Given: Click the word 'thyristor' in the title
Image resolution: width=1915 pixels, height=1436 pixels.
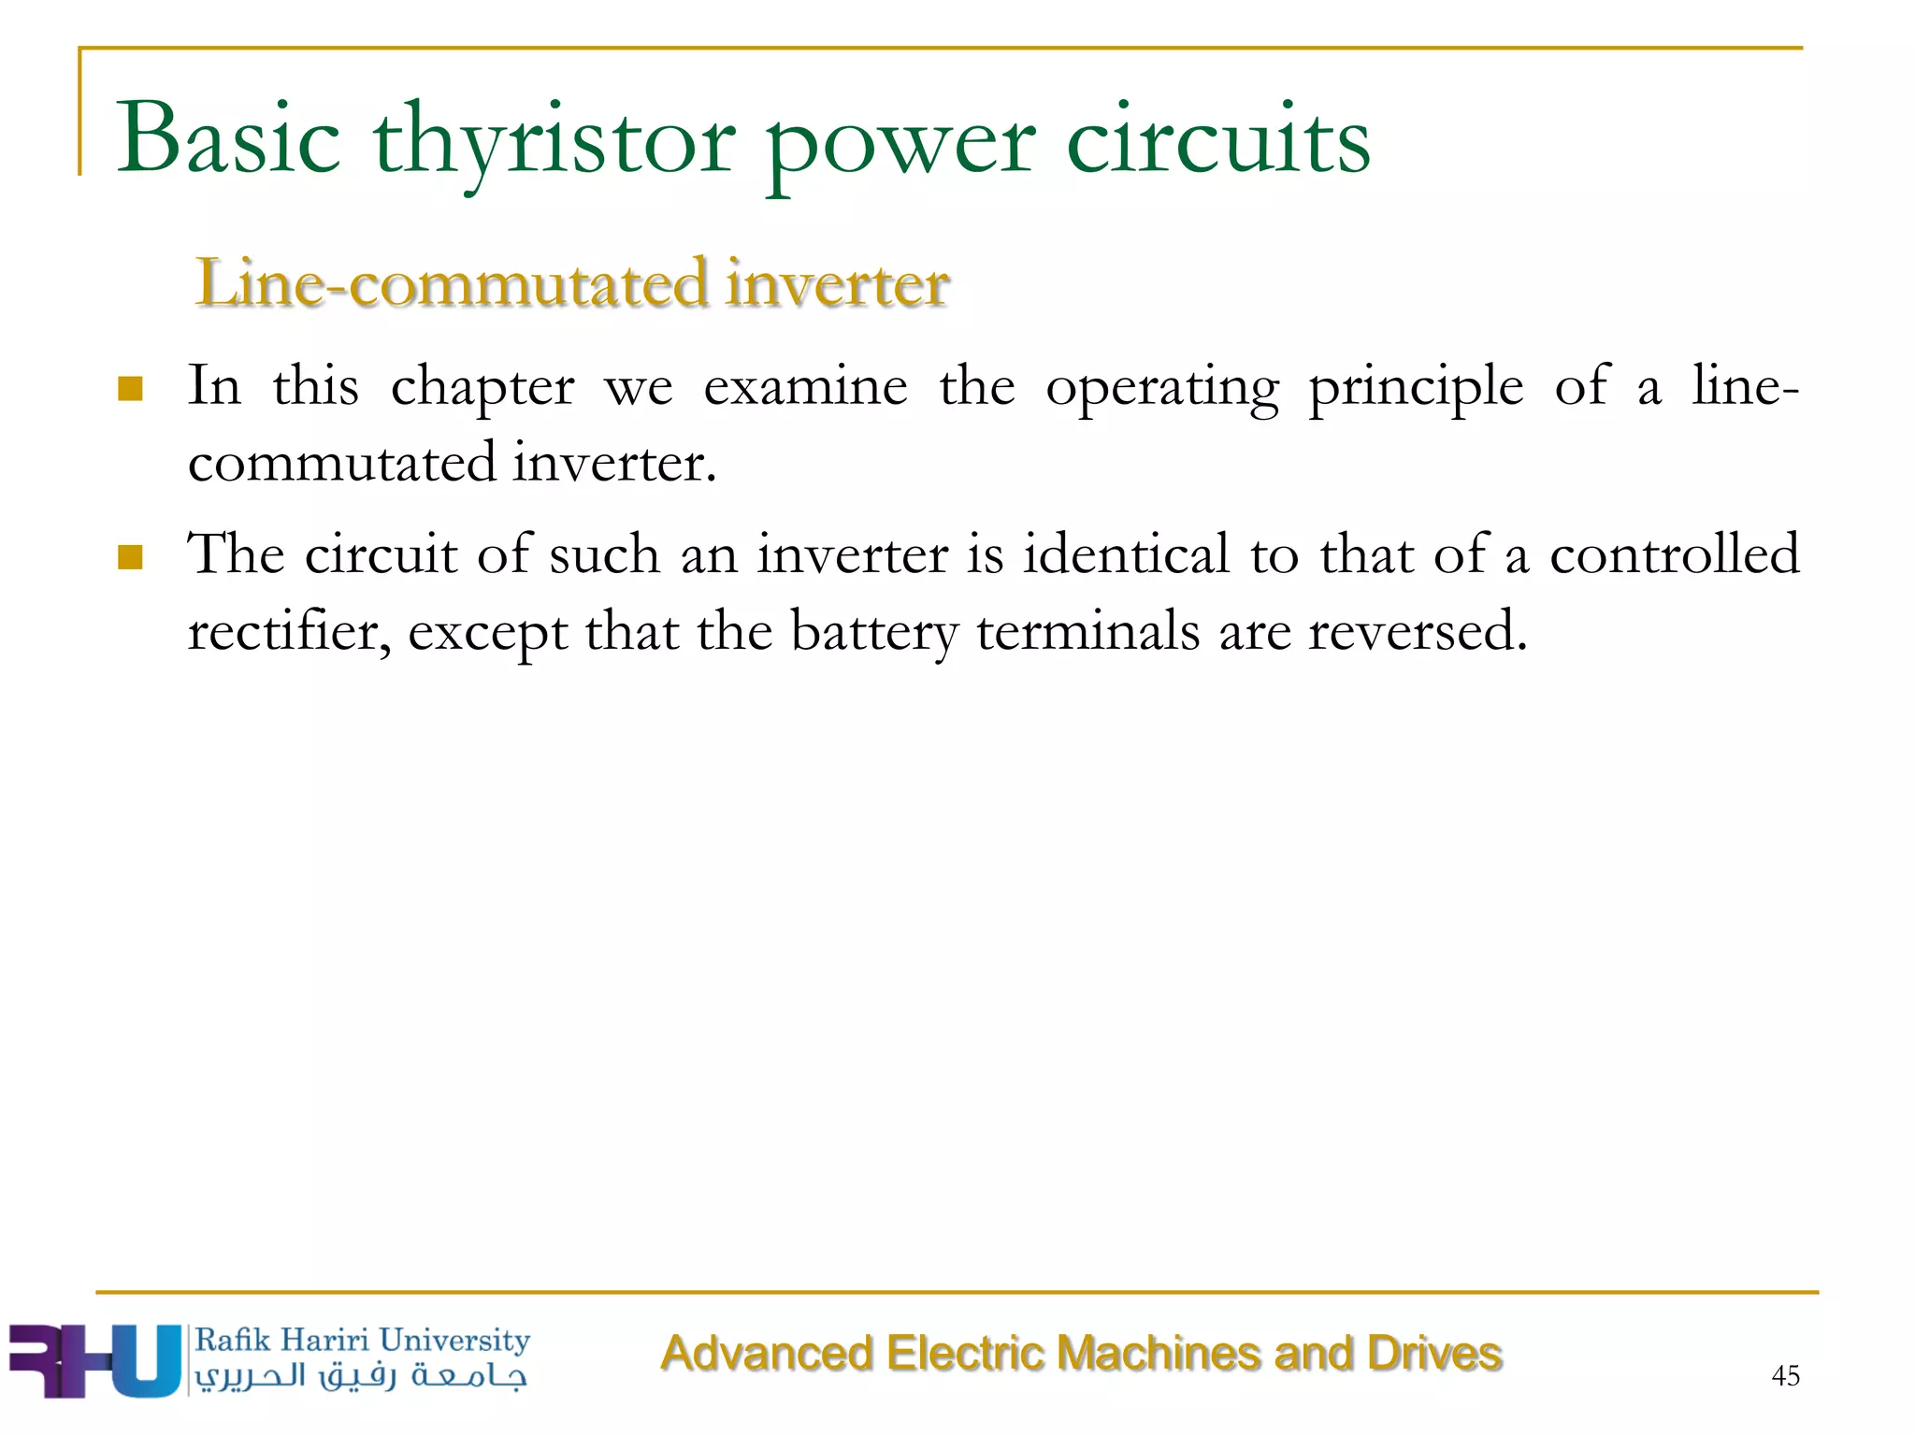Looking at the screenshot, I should pyautogui.click(x=554, y=142).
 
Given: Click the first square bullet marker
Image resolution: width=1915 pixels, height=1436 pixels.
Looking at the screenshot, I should pyautogui.click(x=130, y=388).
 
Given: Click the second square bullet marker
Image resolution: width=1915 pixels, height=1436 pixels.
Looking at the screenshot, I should pyautogui.click(x=130, y=557).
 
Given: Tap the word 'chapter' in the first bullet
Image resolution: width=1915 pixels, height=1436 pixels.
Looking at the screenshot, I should pyautogui.click(x=482, y=388).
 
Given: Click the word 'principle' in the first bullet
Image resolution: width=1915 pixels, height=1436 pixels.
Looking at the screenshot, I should pyautogui.click(x=1416, y=388).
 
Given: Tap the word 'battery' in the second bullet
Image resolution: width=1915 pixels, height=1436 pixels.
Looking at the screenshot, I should pyautogui.click(x=874, y=633).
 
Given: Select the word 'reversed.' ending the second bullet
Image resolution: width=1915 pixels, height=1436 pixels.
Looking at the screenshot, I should pyautogui.click(x=1418, y=631).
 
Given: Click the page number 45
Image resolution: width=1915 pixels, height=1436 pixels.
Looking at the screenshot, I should pyautogui.click(x=1785, y=1375).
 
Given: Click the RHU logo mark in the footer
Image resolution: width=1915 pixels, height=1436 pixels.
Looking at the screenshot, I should pyautogui.click(x=94, y=1360).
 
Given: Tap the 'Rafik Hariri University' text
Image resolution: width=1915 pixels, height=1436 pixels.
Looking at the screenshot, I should pyautogui.click(x=362, y=1340).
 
